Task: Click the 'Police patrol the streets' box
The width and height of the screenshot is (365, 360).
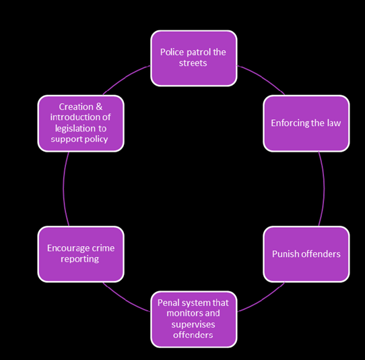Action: click(x=194, y=58)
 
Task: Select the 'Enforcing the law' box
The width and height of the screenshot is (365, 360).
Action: click(x=306, y=123)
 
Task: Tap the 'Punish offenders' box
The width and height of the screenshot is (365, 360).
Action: click(x=306, y=254)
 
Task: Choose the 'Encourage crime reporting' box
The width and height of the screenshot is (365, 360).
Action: click(x=81, y=254)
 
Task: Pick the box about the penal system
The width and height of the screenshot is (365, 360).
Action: click(x=194, y=320)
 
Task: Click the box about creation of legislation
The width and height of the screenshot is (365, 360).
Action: click(x=81, y=123)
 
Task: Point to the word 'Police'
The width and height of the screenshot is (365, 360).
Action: click(x=172, y=52)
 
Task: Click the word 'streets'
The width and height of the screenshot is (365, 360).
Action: click(x=193, y=63)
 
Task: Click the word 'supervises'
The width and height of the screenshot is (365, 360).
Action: click(x=193, y=324)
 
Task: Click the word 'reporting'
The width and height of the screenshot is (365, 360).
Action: click(x=79, y=260)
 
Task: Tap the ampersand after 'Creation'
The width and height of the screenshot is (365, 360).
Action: click(x=99, y=107)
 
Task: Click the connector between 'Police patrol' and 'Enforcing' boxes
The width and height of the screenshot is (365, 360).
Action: click(x=262, y=77)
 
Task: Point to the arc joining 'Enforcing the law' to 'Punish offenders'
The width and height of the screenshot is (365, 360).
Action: click(x=324, y=189)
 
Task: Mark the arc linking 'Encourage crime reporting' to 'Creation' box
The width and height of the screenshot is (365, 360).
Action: click(x=63, y=189)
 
